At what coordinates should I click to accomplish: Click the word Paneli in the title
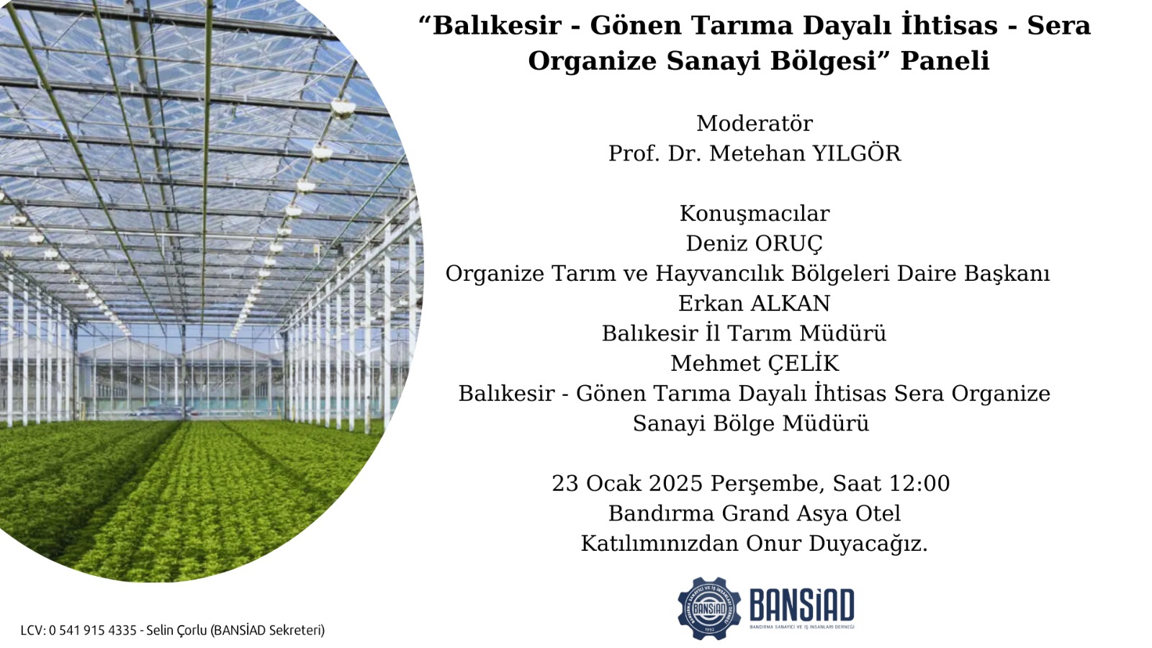click(945, 60)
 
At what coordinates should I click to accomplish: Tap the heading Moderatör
click(755, 123)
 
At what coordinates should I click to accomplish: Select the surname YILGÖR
click(857, 153)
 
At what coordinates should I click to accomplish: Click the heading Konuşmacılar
click(755, 213)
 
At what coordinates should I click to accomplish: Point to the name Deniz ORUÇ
click(755, 244)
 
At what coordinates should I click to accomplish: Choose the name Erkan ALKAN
click(754, 303)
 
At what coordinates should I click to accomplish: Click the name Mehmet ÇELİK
click(755, 363)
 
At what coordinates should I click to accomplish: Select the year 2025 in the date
click(676, 483)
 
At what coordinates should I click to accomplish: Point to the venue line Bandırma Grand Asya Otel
click(755, 514)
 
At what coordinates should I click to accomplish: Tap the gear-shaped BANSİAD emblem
click(709, 608)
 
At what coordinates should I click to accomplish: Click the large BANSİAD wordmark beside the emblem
click(802, 606)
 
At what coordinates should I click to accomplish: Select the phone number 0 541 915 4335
click(93, 630)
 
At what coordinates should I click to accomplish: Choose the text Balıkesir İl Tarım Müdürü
click(744, 333)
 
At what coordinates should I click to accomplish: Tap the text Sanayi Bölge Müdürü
click(751, 424)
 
